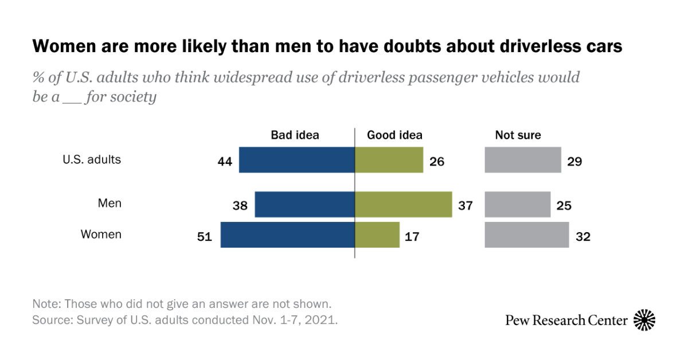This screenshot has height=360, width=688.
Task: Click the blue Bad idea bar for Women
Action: click(287, 235)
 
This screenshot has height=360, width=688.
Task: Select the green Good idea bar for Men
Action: click(404, 205)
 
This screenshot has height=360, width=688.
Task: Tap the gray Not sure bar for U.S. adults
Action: click(522, 160)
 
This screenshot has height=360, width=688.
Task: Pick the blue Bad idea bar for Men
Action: click(304, 205)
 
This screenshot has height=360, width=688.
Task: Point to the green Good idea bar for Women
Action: click(377, 235)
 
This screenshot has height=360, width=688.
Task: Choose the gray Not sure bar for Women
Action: click(526, 235)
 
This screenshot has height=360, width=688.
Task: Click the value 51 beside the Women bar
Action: click(205, 236)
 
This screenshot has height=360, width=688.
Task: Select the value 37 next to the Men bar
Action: click(466, 205)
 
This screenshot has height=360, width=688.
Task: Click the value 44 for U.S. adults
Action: click(225, 162)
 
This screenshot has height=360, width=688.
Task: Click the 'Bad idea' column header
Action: click(295, 135)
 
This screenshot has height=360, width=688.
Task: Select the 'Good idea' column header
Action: click(394, 135)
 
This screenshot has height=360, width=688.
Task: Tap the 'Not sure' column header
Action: click(518, 135)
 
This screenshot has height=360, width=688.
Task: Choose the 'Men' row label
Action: click(110, 204)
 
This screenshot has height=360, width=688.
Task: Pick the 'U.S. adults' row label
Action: click(92, 159)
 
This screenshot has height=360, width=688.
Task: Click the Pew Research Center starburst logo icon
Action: click(644, 320)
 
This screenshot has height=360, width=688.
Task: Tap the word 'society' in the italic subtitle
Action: click(134, 97)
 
